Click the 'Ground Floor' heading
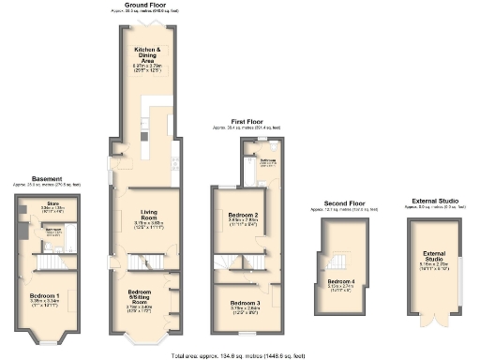point(145,6)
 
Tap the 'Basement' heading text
point(47,178)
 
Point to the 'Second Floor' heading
point(343,202)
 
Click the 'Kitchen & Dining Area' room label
point(145,54)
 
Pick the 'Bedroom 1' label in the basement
point(46,299)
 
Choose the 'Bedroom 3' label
point(243,303)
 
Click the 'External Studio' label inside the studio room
point(433,257)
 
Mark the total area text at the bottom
point(239,356)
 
